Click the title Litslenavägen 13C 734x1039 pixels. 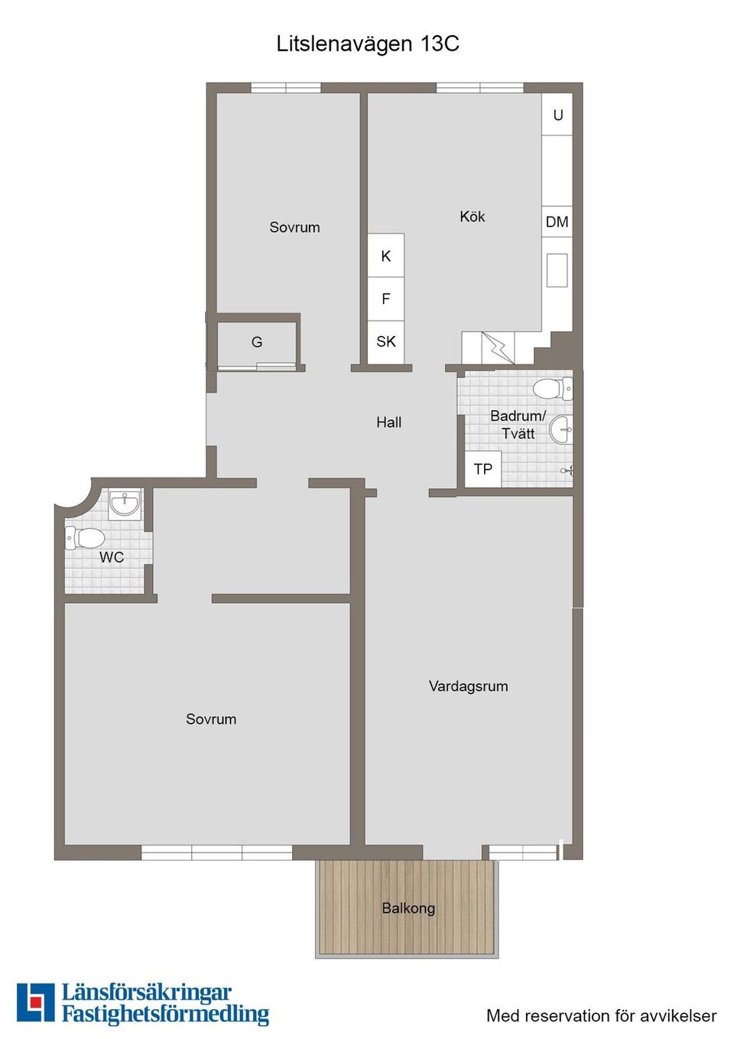pos(368,44)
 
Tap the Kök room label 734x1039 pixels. pos(472,217)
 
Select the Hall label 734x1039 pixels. pos(388,422)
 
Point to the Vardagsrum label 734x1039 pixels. pos(468,686)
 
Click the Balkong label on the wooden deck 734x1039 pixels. pos(408,908)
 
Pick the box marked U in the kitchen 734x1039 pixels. pos(557,115)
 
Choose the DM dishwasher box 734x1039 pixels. pos(557,222)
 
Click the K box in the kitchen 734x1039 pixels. pos(386,256)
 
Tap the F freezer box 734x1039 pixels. pos(386,299)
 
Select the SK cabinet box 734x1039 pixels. pos(386,342)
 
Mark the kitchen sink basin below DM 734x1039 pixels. pos(557,270)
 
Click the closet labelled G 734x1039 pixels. pos(257,342)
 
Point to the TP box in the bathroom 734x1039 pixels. pos(482,469)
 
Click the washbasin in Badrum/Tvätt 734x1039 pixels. pos(563,429)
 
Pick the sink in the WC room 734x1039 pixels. pos(125,503)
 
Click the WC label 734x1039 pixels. pos(112,558)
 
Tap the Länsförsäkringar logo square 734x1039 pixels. pos(35,1002)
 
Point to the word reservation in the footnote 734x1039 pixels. pos(563,1016)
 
